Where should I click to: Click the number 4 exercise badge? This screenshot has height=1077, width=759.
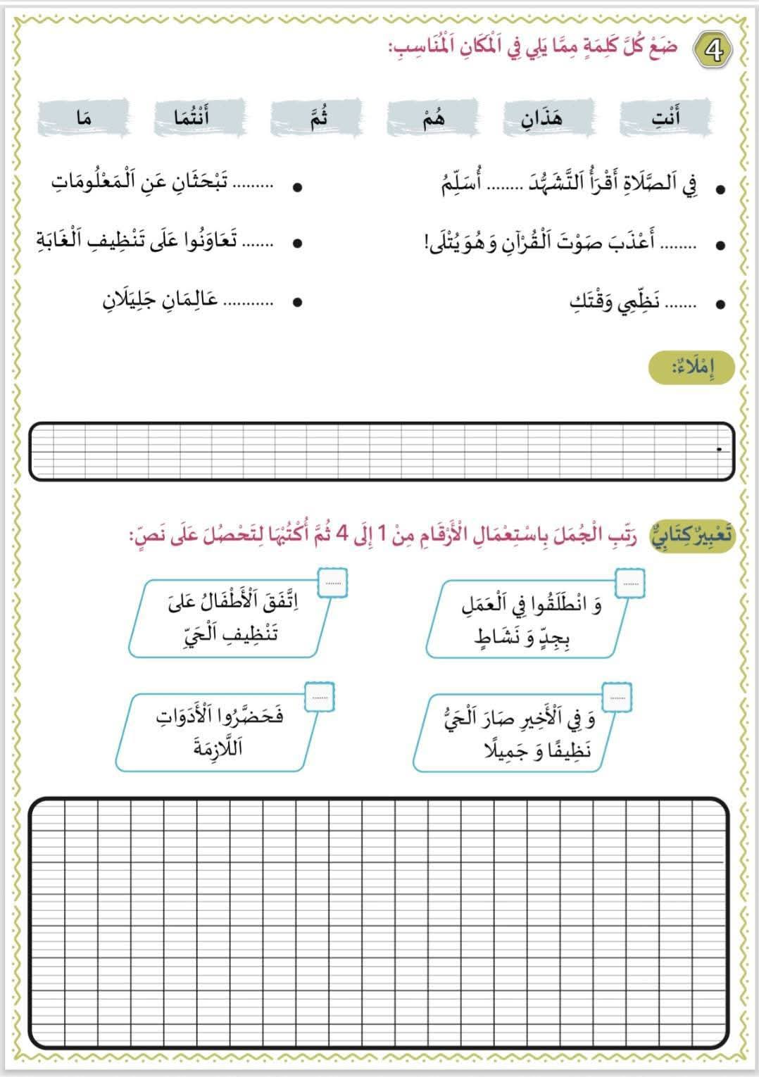(713, 51)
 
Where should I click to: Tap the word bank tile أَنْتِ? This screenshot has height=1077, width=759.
(665, 117)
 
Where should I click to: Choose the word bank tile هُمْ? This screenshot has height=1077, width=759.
(432, 117)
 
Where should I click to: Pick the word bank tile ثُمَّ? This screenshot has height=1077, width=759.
(315, 117)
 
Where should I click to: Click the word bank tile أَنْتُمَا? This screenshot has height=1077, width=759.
(200, 117)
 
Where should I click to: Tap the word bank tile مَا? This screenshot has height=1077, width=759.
(84, 117)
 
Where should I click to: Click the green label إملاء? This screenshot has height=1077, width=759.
(693, 369)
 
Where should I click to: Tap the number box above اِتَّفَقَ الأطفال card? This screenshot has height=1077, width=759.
(332, 583)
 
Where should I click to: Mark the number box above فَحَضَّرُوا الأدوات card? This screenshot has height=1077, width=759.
(320, 697)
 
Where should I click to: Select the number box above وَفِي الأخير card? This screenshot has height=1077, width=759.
(617, 697)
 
